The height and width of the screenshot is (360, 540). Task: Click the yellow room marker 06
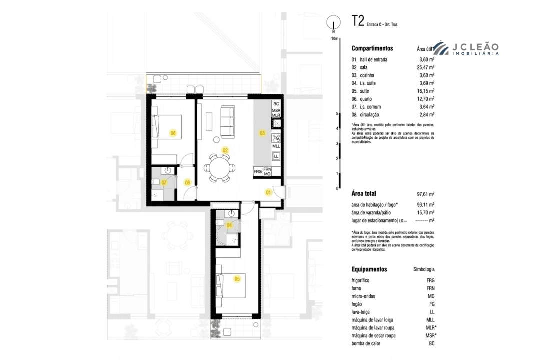coord(173,133)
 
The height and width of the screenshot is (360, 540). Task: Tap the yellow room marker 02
coord(225,150)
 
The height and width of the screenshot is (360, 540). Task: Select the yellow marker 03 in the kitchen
coord(262,133)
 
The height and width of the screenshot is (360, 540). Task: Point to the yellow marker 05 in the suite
coord(237,279)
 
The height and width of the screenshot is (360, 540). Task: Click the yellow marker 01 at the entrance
coord(268,192)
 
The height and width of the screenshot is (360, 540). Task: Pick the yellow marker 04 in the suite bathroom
coord(229,225)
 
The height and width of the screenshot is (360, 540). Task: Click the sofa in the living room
coord(228,121)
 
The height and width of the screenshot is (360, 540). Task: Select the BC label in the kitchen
coord(276,103)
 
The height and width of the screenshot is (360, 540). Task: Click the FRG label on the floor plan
coord(258,172)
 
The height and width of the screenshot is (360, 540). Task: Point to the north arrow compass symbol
coord(332,23)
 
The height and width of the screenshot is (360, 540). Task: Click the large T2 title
coord(357,21)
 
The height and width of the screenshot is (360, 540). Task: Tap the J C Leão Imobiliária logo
coord(465,49)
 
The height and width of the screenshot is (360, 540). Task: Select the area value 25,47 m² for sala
coord(427,67)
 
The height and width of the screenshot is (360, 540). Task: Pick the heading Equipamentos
coord(369,269)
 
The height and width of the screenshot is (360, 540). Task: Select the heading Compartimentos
coord(372,49)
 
